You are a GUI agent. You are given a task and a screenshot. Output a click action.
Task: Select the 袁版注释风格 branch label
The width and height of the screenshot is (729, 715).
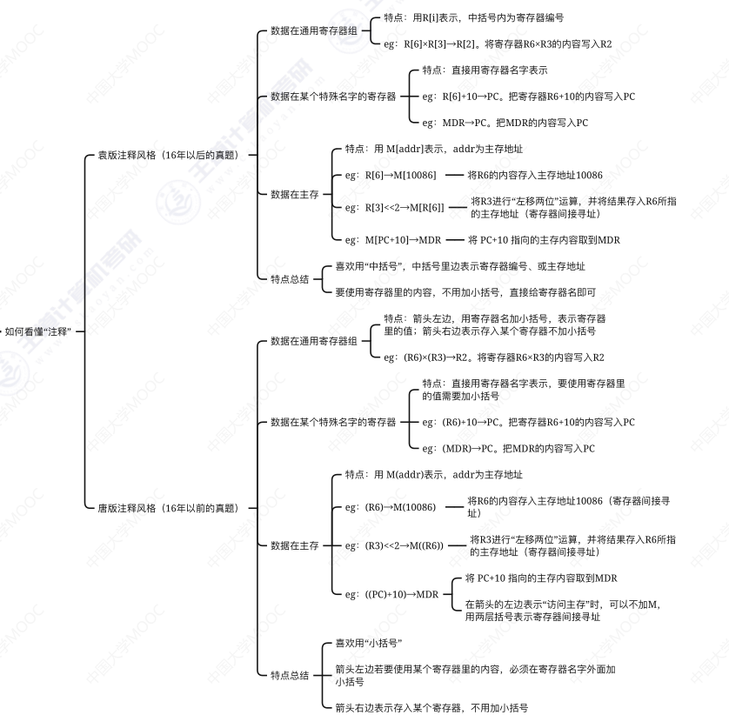point(166,155)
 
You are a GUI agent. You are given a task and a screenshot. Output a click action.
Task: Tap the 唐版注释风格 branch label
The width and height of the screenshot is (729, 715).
point(166,507)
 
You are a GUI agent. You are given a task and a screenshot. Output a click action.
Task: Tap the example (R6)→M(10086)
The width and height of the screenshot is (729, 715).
point(390,507)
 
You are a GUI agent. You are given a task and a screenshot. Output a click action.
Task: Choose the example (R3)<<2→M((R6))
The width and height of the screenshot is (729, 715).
point(393,545)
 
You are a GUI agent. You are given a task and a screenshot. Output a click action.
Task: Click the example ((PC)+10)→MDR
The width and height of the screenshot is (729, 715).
point(392,594)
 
